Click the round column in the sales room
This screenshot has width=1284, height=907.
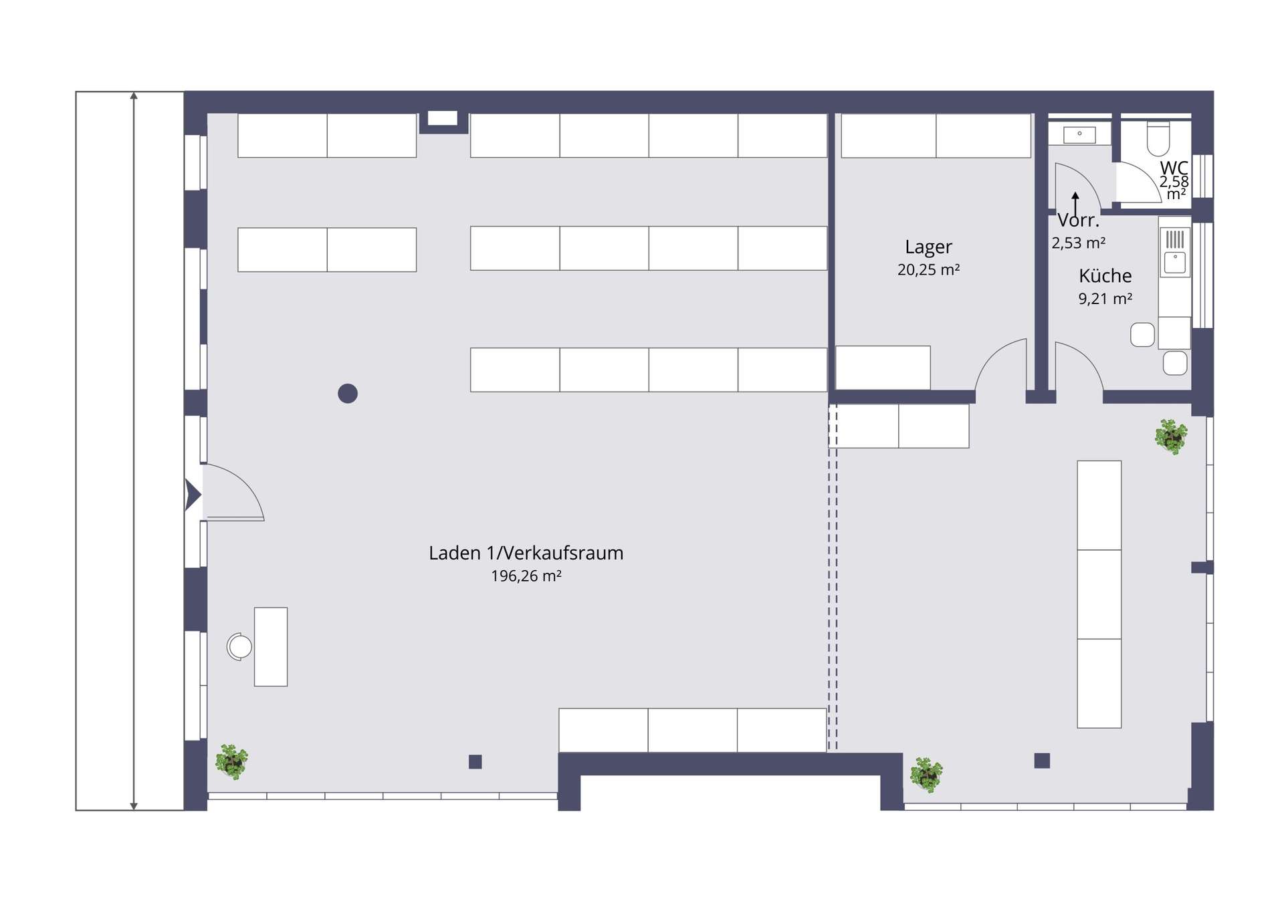tap(348, 394)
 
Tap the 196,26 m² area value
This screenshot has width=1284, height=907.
tap(526, 575)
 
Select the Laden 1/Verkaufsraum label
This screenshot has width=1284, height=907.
tap(526, 553)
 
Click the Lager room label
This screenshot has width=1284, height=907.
tap(928, 247)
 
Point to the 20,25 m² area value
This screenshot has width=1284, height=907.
tap(928, 269)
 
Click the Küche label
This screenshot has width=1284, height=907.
tap(1105, 275)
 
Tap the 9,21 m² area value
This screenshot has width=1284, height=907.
tap(1105, 299)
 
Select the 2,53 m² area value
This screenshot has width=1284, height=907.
tap(1078, 243)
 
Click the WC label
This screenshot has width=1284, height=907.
tap(1174, 168)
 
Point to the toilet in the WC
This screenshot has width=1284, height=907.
tap(1158, 138)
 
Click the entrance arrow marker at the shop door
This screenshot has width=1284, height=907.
tap(193, 495)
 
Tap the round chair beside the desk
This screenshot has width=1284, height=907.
tap(239, 646)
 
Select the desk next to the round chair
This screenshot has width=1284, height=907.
tap(271, 646)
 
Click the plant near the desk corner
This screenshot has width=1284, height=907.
tap(231, 761)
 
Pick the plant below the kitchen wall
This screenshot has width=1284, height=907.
tap(1171, 436)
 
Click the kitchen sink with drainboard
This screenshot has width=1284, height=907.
tap(1175, 251)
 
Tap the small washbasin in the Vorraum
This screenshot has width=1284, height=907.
tap(1079, 134)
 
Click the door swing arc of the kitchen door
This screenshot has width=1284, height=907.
tap(1087, 356)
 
